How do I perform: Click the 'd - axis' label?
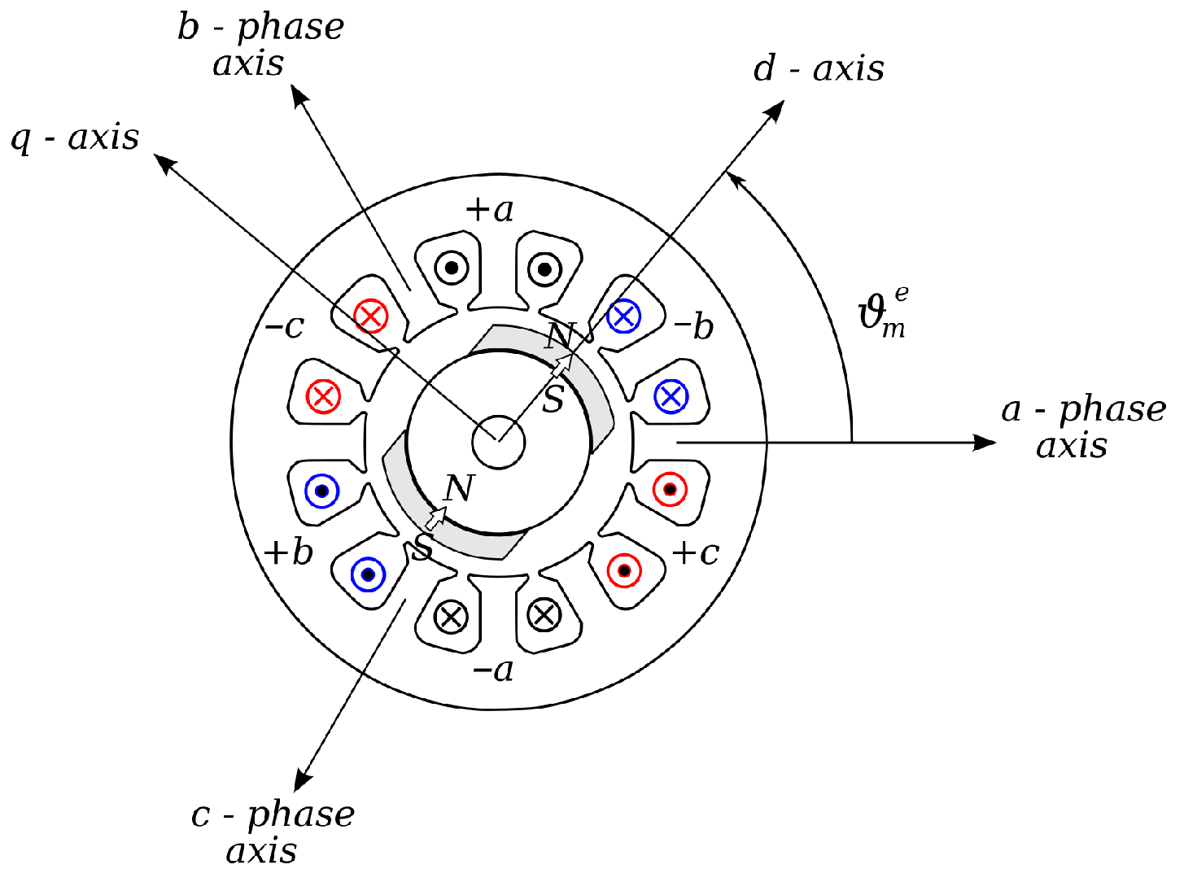click(x=819, y=69)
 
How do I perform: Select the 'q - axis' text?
click(x=75, y=138)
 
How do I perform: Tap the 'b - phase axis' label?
click(x=260, y=45)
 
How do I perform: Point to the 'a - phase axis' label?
click(x=1083, y=427)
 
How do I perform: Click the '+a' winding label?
click(x=489, y=210)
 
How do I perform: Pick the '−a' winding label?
click(x=493, y=670)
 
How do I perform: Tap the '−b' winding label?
click(x=693, y=327)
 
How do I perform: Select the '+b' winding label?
click(x=289, y=553)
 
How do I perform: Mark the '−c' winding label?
click(x=285, y=327)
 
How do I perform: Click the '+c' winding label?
click(x=696, y=553)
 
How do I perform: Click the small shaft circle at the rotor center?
click(x=499, y=443)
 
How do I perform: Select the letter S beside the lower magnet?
click(x=422, y=548)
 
